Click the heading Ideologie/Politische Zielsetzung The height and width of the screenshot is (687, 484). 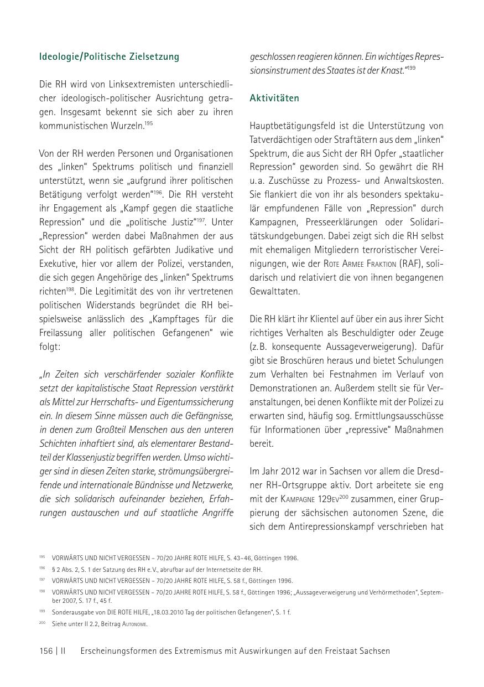pyautogui.click(x=109, y=56)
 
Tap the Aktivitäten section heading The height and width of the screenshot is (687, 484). pyautogui.click(x=274, y=98)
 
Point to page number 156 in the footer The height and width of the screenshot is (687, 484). pyautogui.click(x=46, y=651)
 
